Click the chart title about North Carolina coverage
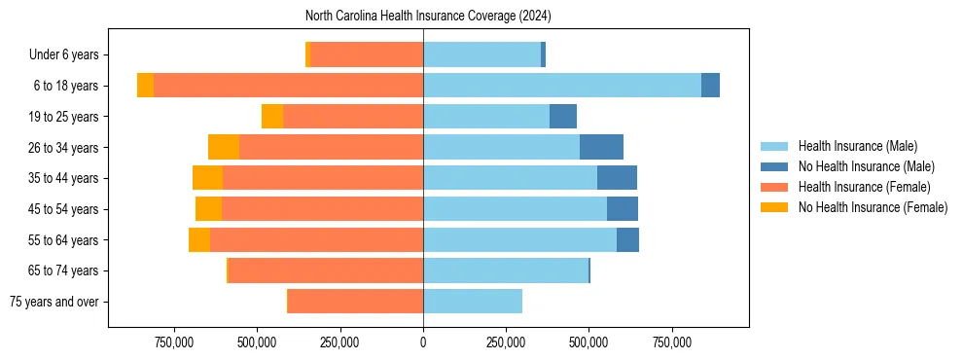(x=428, y=16)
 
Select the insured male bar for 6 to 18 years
(x=562, y=86)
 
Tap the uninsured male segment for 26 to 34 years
(x=601, y=147)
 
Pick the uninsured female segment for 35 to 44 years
(x=207, y=178)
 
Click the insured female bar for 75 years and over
(x=355, y=302)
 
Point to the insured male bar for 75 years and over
(x=473, y=302)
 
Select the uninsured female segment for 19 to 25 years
(x=272, y=117)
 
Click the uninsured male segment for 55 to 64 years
(x=627, y=239)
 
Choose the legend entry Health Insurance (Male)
(x=857, y=146)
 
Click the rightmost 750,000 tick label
(x=672, y=343)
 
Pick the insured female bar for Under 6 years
(x=366, y=54)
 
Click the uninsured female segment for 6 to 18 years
(x=145, y=86)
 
